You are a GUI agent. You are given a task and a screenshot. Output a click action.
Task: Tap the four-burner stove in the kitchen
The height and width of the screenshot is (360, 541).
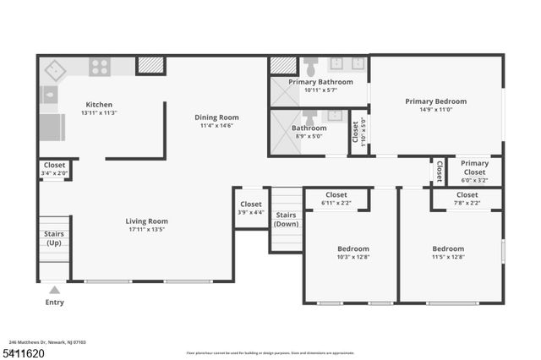pos(99,66)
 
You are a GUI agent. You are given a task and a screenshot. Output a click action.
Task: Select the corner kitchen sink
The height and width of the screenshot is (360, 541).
pos(56,68)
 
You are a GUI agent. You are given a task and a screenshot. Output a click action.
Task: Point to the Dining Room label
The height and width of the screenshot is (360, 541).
pos(217,117)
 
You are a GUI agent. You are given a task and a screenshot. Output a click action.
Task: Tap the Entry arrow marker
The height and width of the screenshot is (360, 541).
pos(54,290)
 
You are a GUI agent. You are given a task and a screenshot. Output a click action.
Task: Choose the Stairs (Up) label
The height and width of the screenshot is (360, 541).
pos(53,238)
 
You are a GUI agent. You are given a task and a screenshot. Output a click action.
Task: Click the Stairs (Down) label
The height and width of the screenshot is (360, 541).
pos(287,220)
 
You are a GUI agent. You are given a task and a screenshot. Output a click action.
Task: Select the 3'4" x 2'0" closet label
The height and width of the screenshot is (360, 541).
pos(54,169)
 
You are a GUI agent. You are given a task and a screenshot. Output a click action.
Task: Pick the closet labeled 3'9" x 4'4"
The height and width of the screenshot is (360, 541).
pos(251,208)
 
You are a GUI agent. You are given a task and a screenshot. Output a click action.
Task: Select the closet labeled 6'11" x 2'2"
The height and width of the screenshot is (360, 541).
pos(336,199)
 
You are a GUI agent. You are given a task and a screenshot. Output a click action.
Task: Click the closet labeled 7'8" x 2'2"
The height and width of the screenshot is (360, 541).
pos(466,199)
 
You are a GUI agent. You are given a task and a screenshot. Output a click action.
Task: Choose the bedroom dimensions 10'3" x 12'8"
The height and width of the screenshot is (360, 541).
pos(352,257)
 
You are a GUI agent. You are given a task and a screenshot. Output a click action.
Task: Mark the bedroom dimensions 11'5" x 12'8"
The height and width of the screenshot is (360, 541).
pos(447,257)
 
